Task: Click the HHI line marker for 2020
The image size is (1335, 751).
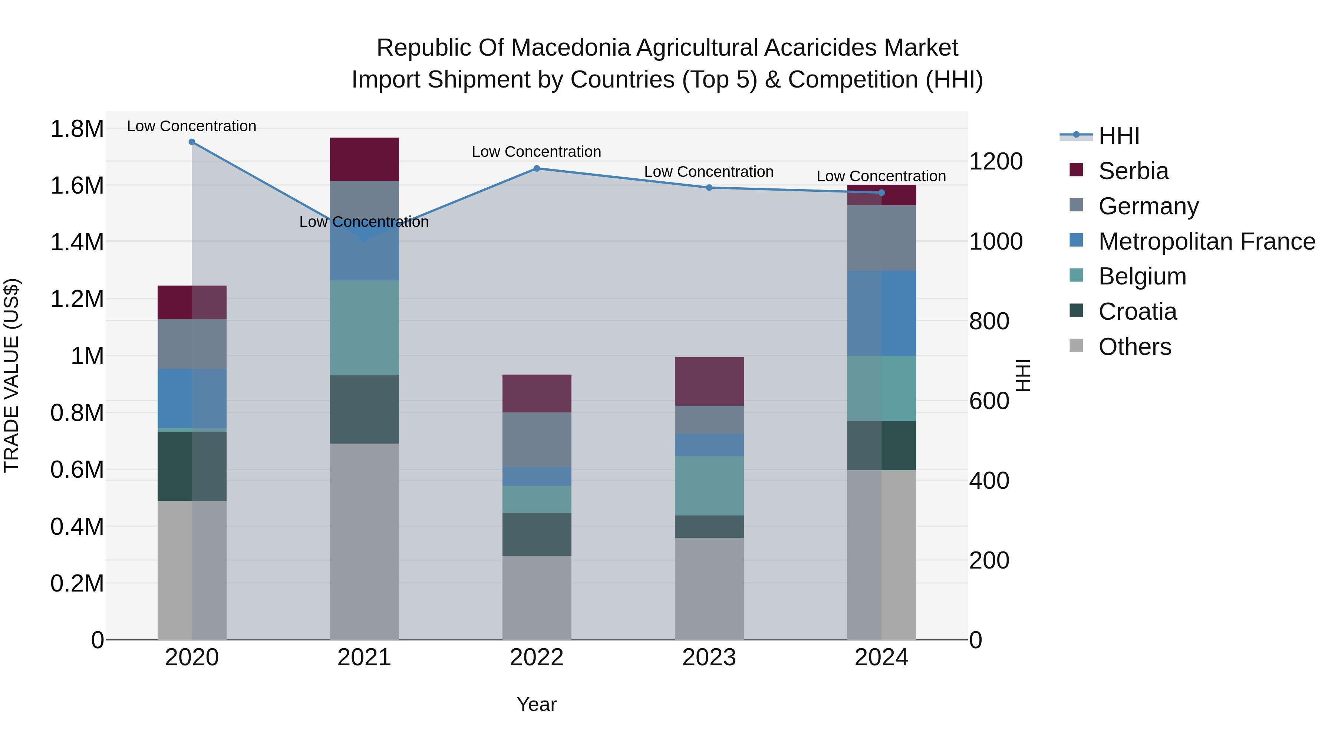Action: (192, 142)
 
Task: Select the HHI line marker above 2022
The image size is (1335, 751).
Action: (536, 168)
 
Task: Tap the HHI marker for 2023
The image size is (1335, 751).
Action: (709, 188)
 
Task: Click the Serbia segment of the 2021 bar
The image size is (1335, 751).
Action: (364, 159)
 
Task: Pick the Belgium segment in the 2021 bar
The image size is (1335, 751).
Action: (364, 327)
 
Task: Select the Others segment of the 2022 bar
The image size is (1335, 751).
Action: (536, 597)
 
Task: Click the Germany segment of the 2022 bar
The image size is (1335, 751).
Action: (536, 439)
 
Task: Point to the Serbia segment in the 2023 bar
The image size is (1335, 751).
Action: (709, 382)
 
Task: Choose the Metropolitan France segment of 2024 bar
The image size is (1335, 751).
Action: (881, 313)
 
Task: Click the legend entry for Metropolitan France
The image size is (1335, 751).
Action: (1206, 241)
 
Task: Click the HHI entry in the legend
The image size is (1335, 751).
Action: (1118, 136)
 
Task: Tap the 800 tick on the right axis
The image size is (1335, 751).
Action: (989, 321)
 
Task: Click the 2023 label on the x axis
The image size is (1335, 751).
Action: (709, 658)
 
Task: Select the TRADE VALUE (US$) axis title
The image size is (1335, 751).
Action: (11, 375)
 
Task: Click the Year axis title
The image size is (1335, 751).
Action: (536, 704)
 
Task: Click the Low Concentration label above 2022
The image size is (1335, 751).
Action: (536, 152)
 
